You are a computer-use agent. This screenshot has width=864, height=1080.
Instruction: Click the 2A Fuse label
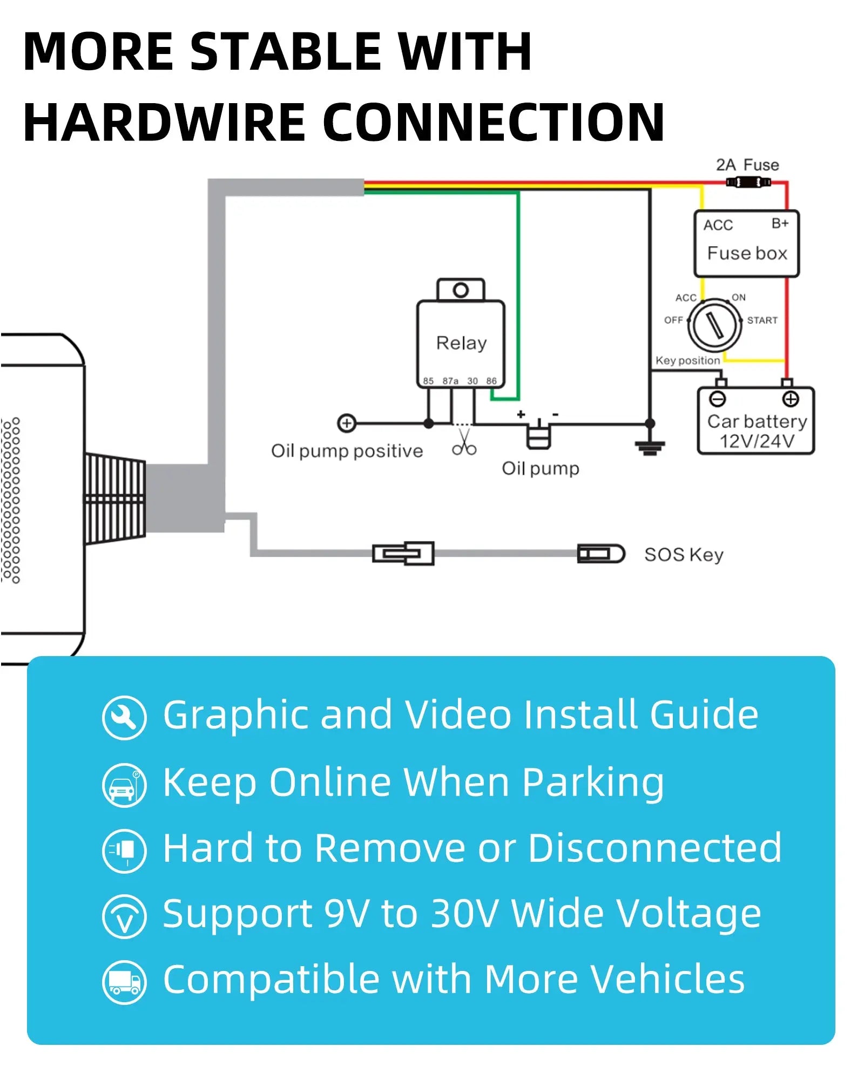point(747,165)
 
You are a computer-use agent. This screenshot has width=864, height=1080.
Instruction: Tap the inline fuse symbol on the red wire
point(748,183)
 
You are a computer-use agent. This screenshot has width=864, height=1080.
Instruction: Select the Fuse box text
point(747,253)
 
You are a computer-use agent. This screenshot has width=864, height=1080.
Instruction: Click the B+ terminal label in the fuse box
point(780,224)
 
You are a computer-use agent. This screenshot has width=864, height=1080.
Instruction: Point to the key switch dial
point(714,325)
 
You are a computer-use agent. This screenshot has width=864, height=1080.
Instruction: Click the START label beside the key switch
point(762,320)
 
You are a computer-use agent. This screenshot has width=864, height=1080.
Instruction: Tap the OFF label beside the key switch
point(673,320)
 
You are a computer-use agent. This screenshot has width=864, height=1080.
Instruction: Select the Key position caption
point(687,361)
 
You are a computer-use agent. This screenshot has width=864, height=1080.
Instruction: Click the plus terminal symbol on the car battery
point(791,399)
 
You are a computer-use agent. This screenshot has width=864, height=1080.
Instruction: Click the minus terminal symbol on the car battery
point(718,399)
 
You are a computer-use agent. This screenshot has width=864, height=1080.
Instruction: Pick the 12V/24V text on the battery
point(757,441)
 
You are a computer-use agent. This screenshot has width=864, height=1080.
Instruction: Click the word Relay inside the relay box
point(461,343)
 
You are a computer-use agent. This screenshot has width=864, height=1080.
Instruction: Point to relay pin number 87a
point(450,381)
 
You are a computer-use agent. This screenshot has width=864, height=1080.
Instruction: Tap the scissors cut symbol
point(464,443)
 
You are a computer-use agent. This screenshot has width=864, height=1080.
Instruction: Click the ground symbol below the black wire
point(650,447)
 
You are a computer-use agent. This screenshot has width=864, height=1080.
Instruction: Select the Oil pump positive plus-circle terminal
point(347,423)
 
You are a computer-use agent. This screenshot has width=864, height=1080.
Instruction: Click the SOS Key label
point(684,555)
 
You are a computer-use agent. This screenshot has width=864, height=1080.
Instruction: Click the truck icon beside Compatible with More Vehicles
point(124,982)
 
